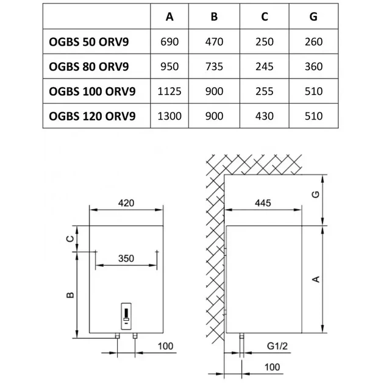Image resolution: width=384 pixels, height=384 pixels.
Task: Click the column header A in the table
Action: (x=169, y=16)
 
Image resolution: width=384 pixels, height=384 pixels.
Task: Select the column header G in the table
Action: (x=313, y=16)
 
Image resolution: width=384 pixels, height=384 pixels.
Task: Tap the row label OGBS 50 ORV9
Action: (x=89, y=42)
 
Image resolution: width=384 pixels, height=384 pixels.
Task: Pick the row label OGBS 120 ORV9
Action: (x=92, y=116)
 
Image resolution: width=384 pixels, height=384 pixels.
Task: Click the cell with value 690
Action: (x=169, y=42)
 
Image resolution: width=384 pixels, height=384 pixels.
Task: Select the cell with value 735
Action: (x=214, y=66)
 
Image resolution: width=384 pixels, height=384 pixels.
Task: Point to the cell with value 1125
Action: (x=169, y=91)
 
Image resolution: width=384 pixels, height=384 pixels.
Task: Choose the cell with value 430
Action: (x=265, y=116)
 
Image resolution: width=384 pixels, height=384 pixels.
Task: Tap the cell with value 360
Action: (x=313, y=66)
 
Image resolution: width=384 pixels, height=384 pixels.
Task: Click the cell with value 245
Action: (x=265, y=66)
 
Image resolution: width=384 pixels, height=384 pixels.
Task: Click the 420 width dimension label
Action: (x=126, y=203)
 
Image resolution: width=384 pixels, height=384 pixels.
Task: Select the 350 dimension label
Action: (x=126, y=258)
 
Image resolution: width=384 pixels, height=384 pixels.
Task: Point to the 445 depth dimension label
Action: (x=263, y=203)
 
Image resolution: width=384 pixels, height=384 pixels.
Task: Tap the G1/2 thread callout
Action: (x=277, y=346)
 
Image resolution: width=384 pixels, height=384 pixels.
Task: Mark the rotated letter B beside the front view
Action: (x=70, y=295)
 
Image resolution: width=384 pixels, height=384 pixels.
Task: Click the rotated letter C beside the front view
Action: (x=70, y=238)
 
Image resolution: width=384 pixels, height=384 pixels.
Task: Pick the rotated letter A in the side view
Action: (x=316, y=279)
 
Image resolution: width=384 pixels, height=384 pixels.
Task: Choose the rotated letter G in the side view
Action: (x=316, y=194)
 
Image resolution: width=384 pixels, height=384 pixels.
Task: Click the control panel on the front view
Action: (x=126, y=316)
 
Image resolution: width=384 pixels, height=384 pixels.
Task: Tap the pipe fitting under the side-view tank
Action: (x=242, y=336)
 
